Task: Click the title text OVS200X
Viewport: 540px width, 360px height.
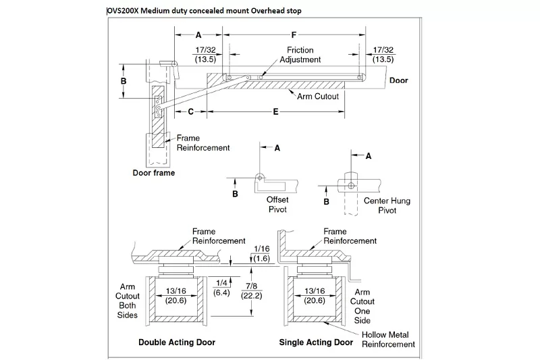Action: [x=123, y=11]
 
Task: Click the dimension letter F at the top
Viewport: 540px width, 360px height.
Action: [x=294, y=35]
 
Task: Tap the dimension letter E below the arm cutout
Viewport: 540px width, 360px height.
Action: [x=275, y=111]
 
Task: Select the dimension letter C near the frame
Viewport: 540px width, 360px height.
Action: [x=190, y=111]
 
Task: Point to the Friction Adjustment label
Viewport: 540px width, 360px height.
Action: [x=300, y=55]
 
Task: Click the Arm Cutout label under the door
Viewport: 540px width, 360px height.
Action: [x=318, y=97]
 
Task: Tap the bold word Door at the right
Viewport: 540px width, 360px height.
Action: [x=398, y=80]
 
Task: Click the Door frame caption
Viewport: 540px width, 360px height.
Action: [x=154, y=173]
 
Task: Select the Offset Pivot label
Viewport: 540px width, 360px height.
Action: [x=277, y=204]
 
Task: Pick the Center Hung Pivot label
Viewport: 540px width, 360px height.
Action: [x=387, y=205]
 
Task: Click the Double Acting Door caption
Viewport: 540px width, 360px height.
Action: [x=177, y=342]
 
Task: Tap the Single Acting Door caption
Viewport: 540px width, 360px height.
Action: [x=316, y=342]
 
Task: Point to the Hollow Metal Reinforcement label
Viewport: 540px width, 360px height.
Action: [x=388, y=339]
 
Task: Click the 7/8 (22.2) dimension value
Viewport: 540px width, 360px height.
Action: [x=252, y=291]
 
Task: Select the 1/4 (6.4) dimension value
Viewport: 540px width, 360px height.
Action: [x=221, y=288]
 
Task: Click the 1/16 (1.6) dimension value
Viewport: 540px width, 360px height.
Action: [x=261, y=253]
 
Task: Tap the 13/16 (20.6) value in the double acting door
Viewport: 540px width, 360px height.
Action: [x=176, y=296]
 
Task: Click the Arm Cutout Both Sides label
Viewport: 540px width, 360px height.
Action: [x=128, y=301]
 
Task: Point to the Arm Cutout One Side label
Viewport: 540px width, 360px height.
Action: [x=362, y=306]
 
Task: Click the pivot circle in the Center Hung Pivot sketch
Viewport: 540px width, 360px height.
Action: [x=351, y=186]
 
